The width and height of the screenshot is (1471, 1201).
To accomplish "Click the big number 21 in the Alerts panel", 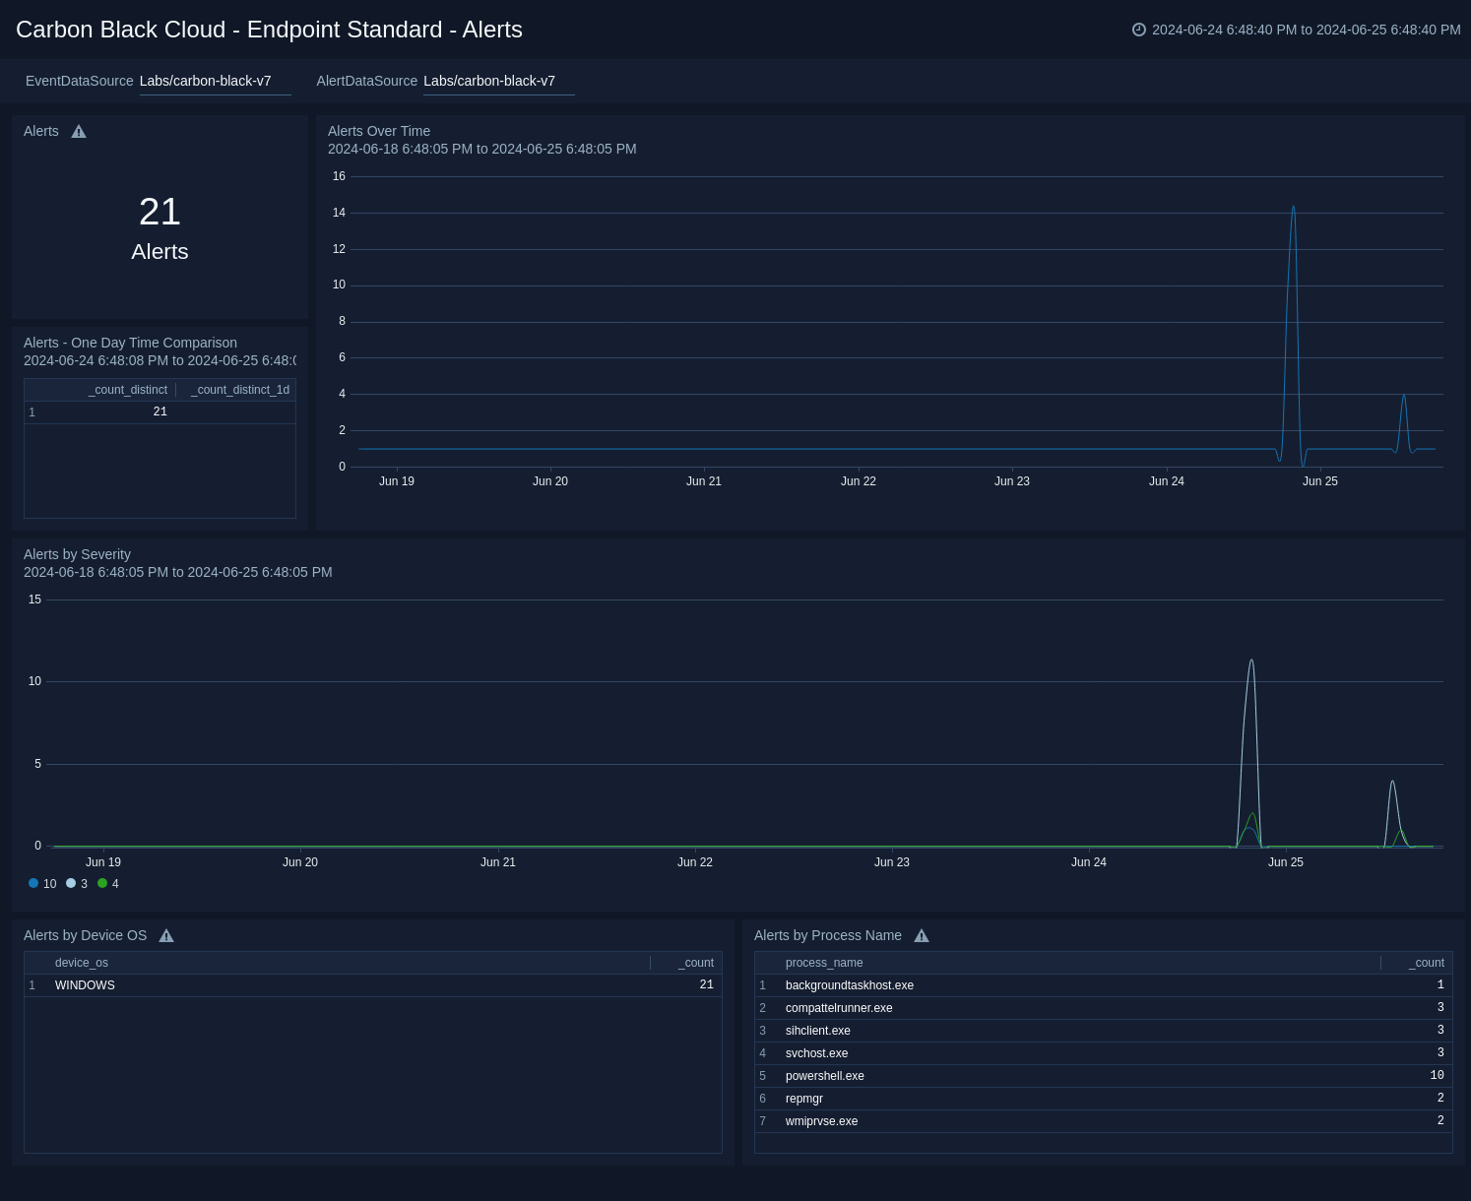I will tap(160, 212).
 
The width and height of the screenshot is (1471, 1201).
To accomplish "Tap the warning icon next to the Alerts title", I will tap(79, 132).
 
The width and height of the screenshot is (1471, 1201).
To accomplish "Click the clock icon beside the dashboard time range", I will tap(1139, 30).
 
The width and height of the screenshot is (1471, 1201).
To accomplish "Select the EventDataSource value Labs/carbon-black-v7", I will tap(205, 81).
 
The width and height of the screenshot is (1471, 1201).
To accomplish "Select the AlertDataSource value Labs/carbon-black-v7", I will tap(489, 81).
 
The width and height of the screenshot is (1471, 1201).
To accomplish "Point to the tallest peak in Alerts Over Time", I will tap(1293, 208).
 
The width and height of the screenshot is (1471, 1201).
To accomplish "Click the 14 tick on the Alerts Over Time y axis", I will tap(339, 213).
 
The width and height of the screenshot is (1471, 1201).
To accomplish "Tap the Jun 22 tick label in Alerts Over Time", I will tap(858, 481).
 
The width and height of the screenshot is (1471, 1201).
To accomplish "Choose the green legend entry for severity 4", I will tap(108, 884).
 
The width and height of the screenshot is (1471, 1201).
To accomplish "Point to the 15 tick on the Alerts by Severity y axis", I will tap(34, 600).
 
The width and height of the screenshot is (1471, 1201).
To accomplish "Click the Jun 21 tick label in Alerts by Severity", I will tap(497, 862).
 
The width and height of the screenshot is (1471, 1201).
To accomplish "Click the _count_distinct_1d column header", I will tap(239, 390).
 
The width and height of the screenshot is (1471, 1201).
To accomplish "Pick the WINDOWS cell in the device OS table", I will tap(85, 985).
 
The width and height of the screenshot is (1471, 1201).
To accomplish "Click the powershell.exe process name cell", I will tap(824, 1076).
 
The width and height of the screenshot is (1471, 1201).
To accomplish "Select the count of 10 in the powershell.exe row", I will tap(1437, 1076).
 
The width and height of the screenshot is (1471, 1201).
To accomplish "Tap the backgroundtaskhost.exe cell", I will tap(849, 985).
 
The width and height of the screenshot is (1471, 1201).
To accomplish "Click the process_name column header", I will tap(823, 963).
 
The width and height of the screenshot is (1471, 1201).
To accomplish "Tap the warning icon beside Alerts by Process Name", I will tap(922, 936).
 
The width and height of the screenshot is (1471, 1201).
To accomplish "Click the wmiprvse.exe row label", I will tap(821, 1121).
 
